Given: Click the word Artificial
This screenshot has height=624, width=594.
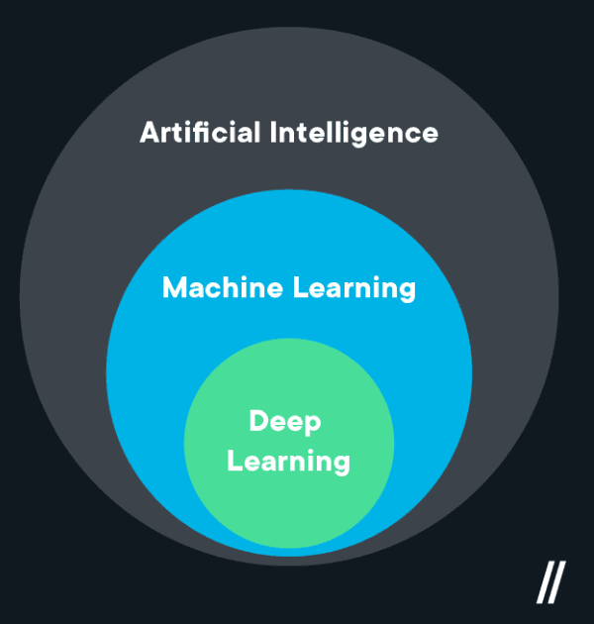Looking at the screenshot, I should [x=201, y=132].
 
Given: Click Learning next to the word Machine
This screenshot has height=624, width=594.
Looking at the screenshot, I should [x=354, y=289].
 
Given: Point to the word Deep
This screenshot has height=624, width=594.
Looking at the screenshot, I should [x=285, y=422].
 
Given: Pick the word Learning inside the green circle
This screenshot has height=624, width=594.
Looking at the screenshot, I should [x=288, y=462].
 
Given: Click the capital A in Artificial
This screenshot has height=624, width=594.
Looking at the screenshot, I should [x=149, y=132].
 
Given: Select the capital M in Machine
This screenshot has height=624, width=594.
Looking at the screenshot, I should [x=174, y=288].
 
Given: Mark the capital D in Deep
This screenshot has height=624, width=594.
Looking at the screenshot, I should [x=258, y=421].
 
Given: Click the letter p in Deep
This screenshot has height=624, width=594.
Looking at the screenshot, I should [x=313, y=425].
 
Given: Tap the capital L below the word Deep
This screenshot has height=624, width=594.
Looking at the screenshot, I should [x=234, y=461].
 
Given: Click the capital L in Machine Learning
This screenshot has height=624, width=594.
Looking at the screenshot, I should [x=299, y=288].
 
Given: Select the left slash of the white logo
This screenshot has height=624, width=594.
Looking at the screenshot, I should [x=544, y=582].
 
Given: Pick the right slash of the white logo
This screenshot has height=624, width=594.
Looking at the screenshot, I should [x=557, y=582].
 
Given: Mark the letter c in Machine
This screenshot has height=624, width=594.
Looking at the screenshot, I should [x=217, y=290].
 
